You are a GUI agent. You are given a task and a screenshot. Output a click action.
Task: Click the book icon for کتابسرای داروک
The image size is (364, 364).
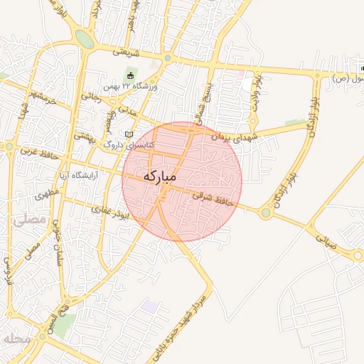[x=129, y=134]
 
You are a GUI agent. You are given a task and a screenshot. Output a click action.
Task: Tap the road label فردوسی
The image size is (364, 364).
[x=9, y=269]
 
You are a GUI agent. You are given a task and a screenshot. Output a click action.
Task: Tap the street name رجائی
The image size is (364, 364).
[x=90, y=95]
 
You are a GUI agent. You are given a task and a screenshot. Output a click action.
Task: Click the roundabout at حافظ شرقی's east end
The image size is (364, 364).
[x=266, y=212]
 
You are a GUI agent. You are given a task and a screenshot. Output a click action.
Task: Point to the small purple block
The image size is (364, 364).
[x=149, y=306]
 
